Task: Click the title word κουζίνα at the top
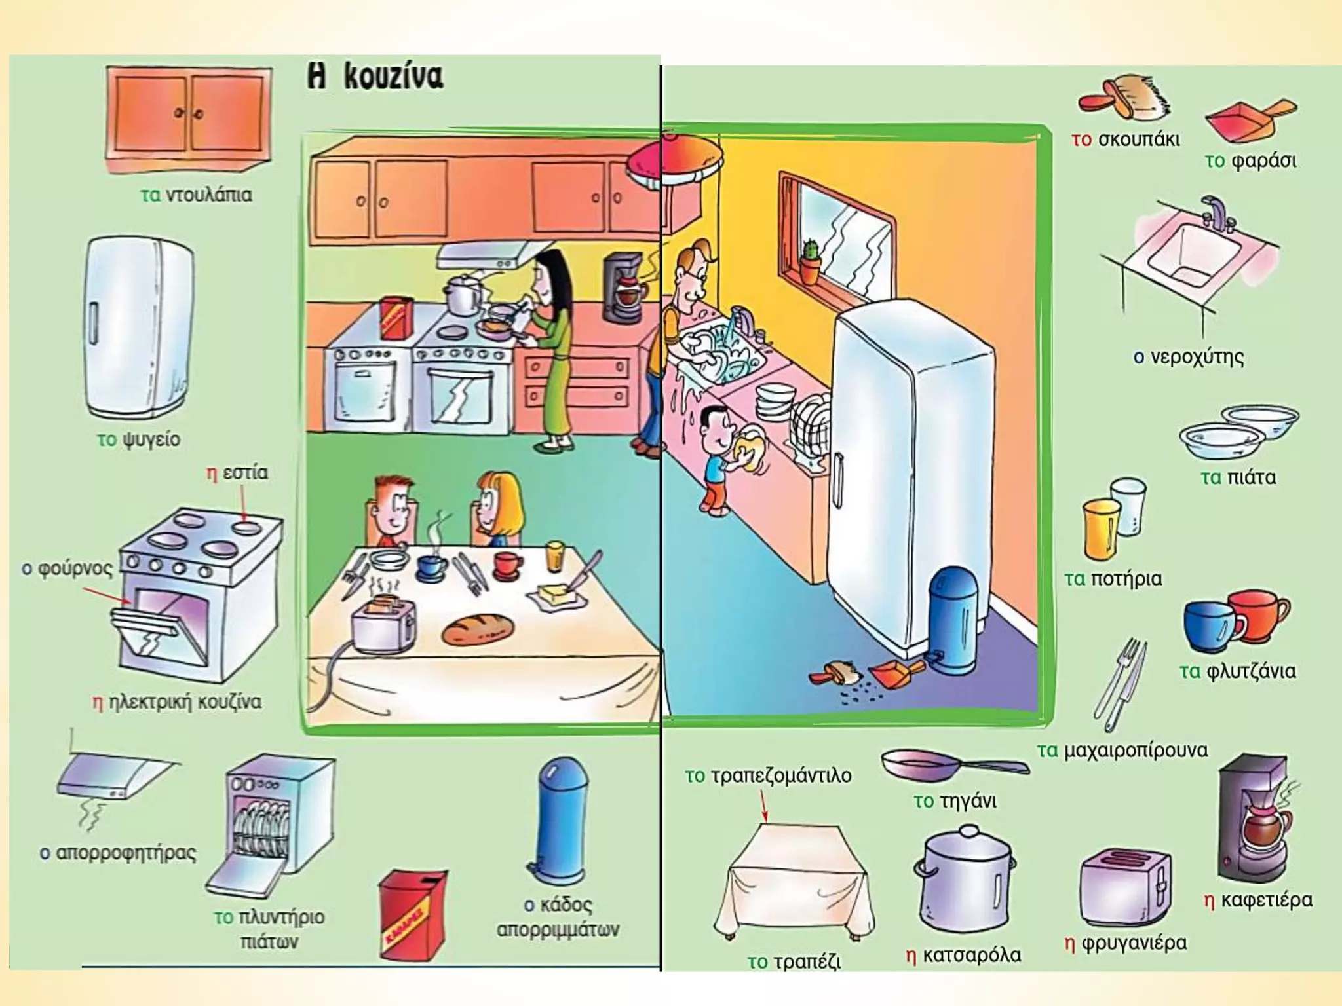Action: (x=393, y=77)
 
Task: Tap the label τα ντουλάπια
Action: (x=196, y=195)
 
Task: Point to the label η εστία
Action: (x=237, y=473)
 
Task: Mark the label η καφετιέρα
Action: (x=1258, y=901)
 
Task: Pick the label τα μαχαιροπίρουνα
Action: (x=1122, y=751)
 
